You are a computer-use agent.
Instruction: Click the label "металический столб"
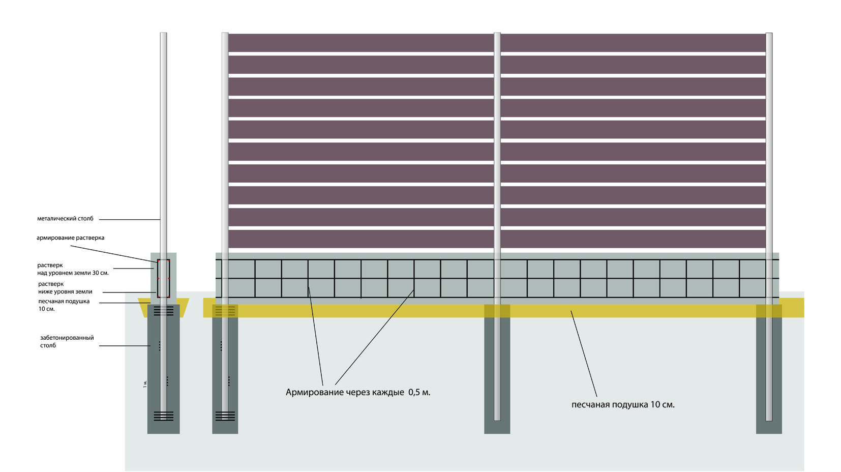(x=65, y=219)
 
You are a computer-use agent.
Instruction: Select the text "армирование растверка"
(x=70, y=238)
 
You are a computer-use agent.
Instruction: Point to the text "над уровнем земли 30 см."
(x=73, y=273)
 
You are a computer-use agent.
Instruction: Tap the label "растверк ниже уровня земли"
(x=65, y=288)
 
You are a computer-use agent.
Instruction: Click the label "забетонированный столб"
(x=67, y=341)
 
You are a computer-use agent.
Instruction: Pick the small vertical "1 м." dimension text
(x=145, y=384)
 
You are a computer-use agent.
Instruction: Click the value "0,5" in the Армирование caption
(x=414, y=392)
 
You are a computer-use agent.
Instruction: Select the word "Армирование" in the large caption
(x=315, y=392)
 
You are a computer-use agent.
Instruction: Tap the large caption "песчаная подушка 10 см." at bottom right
(x=623, y=405)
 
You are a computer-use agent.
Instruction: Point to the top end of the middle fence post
(x=497, y=33)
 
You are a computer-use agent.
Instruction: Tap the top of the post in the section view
(x=163, y=33)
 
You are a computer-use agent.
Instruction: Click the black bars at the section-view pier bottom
(x=163, y=416)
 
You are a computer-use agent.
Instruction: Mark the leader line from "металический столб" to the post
(x=130, y=219)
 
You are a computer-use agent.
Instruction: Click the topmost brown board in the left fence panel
(x=361, y=43)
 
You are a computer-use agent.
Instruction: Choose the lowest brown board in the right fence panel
(x=633, y=239)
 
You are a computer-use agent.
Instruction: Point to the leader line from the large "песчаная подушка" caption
(x=584, y=353)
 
